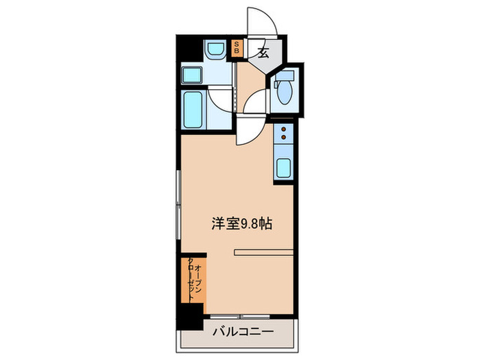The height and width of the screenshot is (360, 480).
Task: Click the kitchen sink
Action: tap(283, 167)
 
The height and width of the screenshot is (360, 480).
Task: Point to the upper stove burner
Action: tap(283, 129)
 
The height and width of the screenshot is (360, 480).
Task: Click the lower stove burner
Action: tap(283, 138)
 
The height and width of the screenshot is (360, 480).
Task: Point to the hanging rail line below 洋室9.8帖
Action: tap(263, 253)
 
